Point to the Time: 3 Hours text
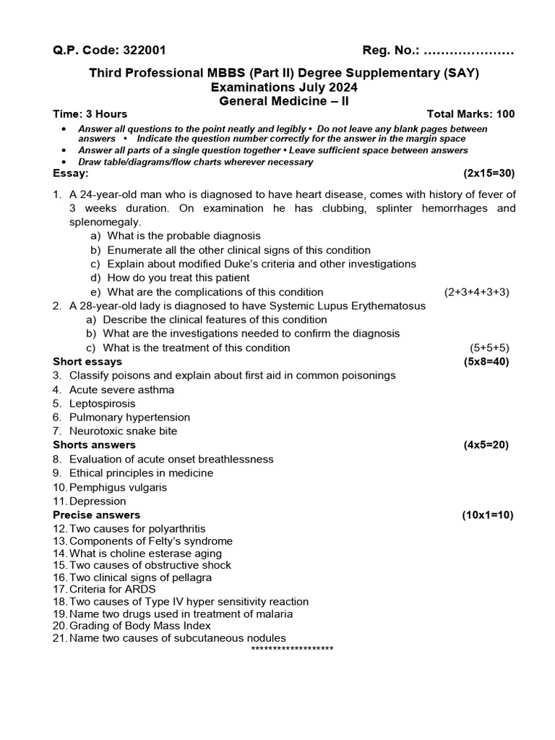click(x=90, y=114)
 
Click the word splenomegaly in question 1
click(x=106, y=222)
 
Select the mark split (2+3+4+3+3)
click(x=477, y=292)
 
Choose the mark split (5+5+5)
click(x=490, y=348)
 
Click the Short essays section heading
click(x=87, y=361)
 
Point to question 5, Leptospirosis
click(x=102, y=403)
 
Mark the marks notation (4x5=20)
click(x=486, y=445)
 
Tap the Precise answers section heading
click(x=97, y=515)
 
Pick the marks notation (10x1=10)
click(x=487, y=515)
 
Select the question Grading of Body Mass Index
click(x=140, y=626)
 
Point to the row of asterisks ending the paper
click(x=292, y=649)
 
